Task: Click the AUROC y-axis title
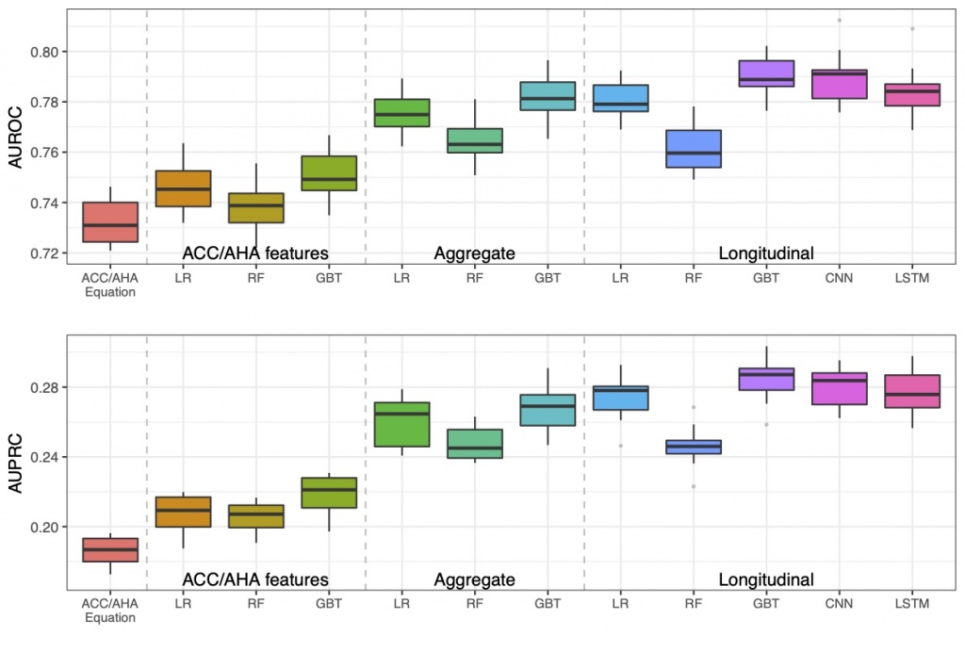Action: (x=15, y=138)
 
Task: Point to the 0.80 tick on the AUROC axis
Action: (x=45, y=51)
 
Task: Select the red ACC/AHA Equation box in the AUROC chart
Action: (x=109, y=222)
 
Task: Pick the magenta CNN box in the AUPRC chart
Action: (x=839, y=388)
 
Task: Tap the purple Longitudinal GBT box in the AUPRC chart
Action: (x=765, y=379)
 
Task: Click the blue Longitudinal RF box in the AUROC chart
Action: (x=693, y=149)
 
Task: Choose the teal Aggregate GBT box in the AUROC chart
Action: (x=547, y=96)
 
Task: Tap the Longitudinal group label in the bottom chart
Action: (x=765, y=579)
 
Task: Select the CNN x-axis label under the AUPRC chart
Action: (x=839, y=603)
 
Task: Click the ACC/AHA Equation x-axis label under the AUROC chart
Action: (x=109, y=284)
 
